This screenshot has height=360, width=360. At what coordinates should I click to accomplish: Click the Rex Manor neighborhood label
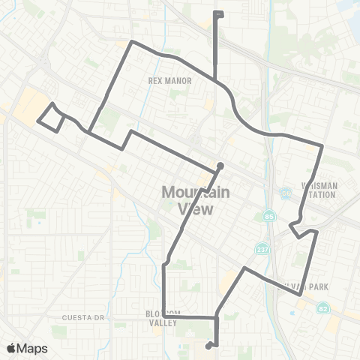(x=170, y=80)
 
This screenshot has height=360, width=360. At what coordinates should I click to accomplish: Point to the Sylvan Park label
(x=323, y=286)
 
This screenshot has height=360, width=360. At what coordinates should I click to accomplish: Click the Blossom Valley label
(x=163, y=318)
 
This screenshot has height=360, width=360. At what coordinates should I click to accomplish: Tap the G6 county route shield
(x=286, y=192)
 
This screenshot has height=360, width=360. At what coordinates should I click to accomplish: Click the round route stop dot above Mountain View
(x=220, y=166)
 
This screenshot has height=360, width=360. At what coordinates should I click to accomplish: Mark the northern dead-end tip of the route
(x=217, y=14)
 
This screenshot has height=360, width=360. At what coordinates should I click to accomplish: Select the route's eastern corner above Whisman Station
(x=322, y=145)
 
